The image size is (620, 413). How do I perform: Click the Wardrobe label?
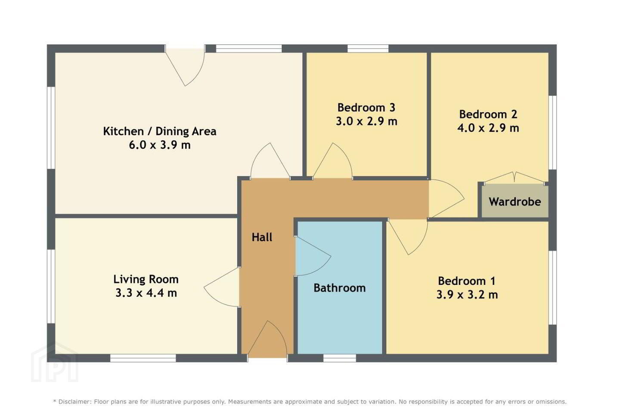click(x=515, y=202)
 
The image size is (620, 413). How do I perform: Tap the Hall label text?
click(x=262, y=237)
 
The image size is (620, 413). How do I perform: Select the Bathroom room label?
click(x=340, y=288)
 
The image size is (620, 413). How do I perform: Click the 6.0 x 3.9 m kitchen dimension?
click(x=160, y=145)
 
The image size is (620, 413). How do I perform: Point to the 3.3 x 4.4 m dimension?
click(x=146, y=293)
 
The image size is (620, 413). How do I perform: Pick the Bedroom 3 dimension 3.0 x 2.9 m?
click(x=366, y=121)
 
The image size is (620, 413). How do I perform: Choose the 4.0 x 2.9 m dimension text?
click(x=488, y=128)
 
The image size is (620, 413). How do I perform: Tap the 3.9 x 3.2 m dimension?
click(x=467, y=294)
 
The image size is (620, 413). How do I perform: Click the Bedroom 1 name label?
click(x=467, y=281)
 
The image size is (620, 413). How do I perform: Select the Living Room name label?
click(x=146, y=279)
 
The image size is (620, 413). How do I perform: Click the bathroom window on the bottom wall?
click(x=340, y=358)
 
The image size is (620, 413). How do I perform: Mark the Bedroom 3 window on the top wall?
click(x=368, y=49)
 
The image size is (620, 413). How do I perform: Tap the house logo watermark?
click(x=55, y=362)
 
